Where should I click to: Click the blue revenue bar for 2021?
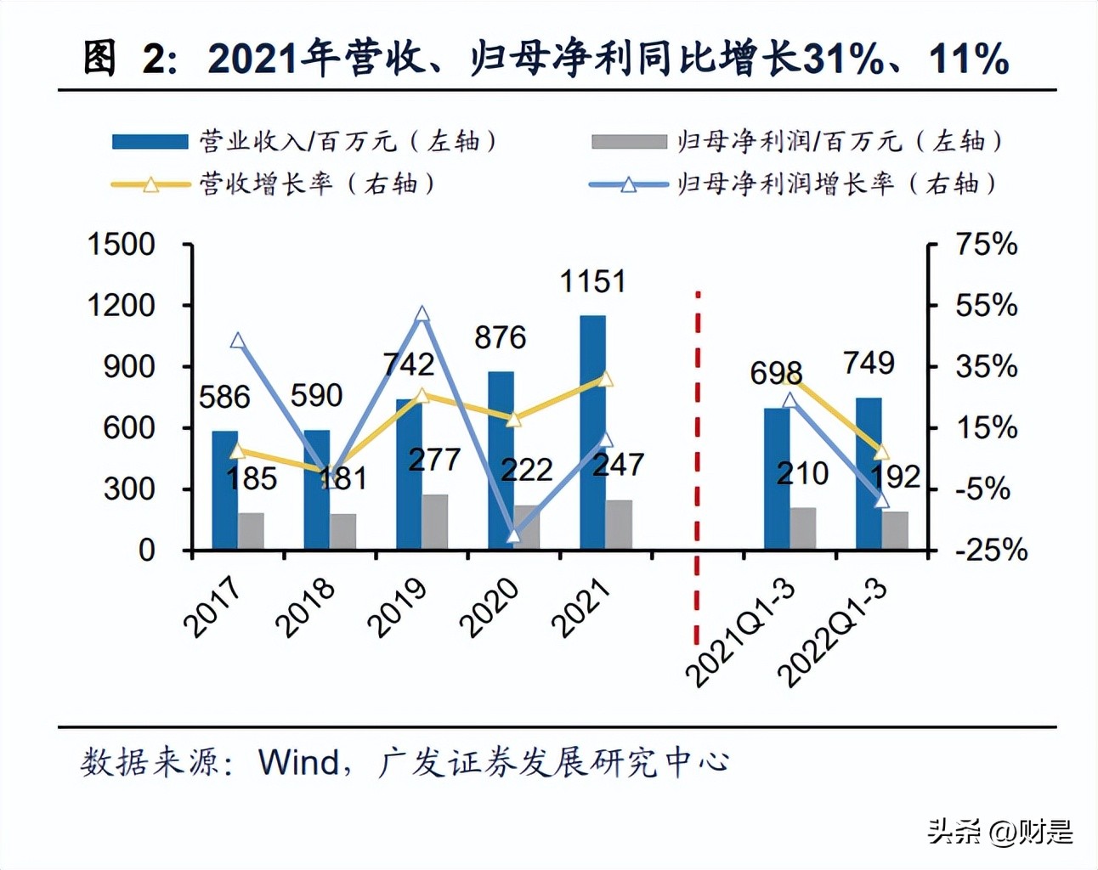click(x=592, y=433)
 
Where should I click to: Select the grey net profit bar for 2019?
click(x=435, y=522)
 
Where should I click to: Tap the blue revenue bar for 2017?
click(x=224, y=490)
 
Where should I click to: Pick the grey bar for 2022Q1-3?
click(x=895, y=530)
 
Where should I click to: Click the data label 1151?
click(x=592, y=281)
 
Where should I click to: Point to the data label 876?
click(x=500, y=337)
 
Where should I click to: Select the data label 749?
click(x=869, y=363)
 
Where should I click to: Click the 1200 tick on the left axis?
click(x=122, y=305)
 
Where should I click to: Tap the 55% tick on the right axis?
click(x=986, y=305)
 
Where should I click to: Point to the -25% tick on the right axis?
click(x=991, y=550)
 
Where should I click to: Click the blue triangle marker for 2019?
click(x=422, y=314)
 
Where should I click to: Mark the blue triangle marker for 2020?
click(x=513, y=535)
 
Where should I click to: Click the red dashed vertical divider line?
click(x=697, y=467)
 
